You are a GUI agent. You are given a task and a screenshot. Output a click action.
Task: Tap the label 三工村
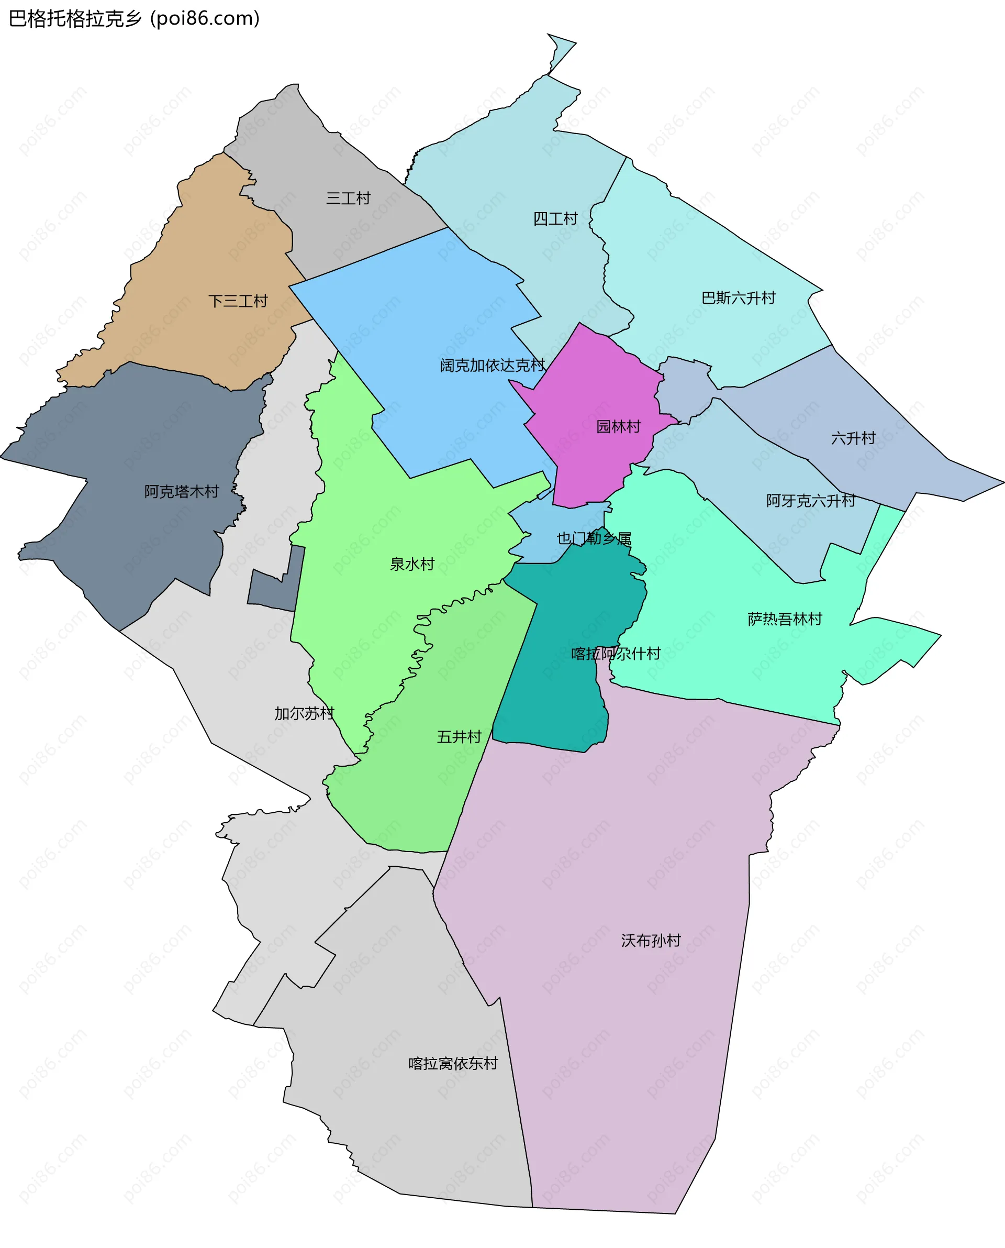348,198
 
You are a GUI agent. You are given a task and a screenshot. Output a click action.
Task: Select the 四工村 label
555,219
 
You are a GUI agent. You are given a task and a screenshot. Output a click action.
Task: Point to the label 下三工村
238,301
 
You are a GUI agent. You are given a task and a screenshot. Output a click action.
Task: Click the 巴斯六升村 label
738,298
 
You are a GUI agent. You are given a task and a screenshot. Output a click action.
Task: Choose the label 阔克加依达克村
492,366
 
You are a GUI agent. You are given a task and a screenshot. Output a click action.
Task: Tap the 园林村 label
618,427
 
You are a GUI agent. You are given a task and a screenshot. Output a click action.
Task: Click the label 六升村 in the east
853,438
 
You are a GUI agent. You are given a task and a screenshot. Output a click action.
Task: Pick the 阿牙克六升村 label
810,501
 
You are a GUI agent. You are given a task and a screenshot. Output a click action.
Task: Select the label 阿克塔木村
181,492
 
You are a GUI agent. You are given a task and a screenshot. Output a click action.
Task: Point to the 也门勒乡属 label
594,538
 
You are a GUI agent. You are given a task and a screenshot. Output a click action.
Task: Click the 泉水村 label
411,564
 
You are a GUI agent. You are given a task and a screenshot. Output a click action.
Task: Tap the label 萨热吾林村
785,619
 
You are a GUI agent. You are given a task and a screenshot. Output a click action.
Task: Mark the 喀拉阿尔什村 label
616,654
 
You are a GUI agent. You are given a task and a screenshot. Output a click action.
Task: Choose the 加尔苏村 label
304,713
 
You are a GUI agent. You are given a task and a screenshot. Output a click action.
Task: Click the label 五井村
459,737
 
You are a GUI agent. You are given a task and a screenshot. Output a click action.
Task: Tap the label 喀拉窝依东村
453,1063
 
